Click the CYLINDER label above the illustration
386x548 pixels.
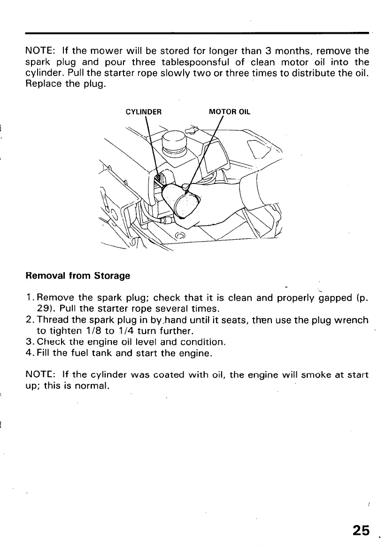[x=144, y=112]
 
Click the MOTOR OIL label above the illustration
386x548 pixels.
[x=230, y=112]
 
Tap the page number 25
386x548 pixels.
[x=361, y=530]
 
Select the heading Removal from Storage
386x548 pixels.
[x=77, y=276]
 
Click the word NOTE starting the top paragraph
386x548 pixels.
[x=38, y=51]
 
